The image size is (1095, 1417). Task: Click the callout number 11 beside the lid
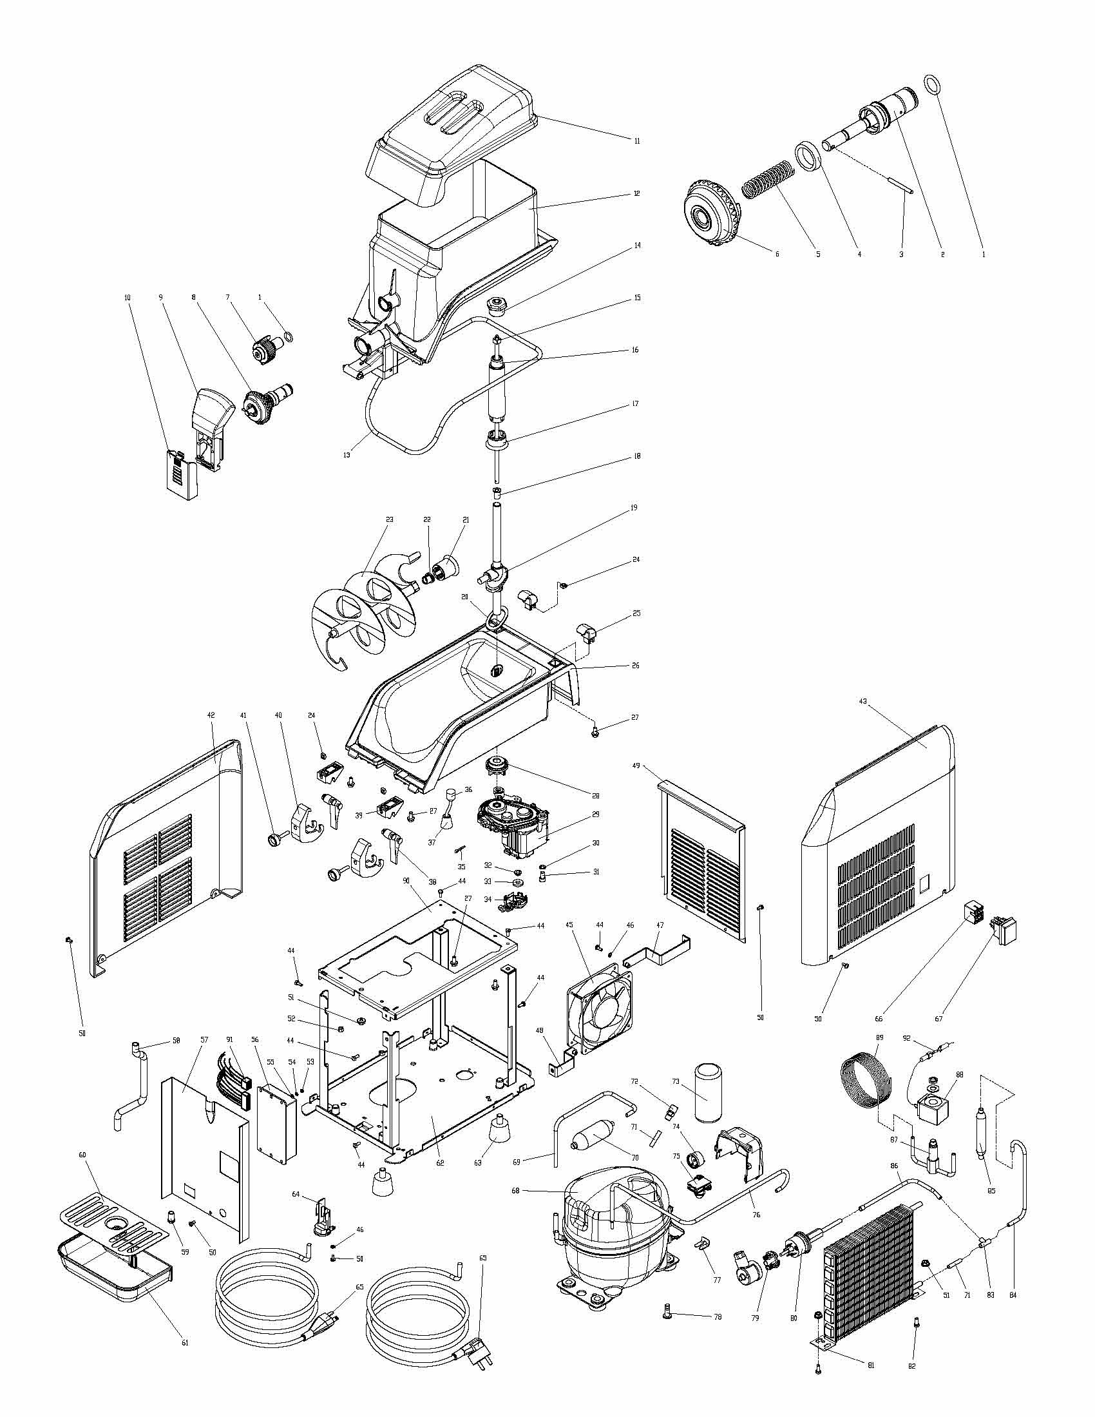click(636, 140)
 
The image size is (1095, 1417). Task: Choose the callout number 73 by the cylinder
click(675, 1081)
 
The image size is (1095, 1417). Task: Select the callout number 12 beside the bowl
click(636, 193)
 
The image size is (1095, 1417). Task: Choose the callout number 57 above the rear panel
click(204, 1039)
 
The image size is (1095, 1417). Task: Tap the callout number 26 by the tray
click(635, 666)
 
